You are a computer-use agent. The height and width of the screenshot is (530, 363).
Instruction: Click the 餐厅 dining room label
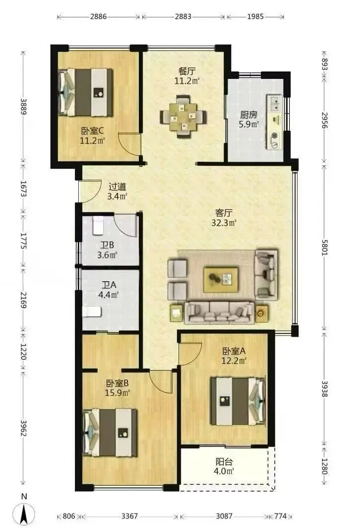point(187,71)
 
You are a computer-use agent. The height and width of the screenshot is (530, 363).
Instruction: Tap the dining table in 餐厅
point(183,117)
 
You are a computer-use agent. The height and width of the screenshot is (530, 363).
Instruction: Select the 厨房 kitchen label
point(249,115)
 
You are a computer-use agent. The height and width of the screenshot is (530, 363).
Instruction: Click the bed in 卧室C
point(85,92)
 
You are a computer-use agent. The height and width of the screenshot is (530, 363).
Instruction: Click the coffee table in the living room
point(221,279)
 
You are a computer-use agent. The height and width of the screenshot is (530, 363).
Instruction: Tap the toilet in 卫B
point(98,225)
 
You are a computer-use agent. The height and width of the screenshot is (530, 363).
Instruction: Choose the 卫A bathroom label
point(109,285)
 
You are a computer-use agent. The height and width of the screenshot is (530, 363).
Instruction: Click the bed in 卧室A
point(238,401)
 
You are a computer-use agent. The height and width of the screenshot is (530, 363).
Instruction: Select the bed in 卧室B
point(110,433)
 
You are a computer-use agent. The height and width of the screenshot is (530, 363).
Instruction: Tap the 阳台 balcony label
point(224,462)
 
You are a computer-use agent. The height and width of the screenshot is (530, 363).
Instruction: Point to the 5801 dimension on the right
point(324,248)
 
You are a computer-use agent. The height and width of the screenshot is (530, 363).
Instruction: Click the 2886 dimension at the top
point(98,16)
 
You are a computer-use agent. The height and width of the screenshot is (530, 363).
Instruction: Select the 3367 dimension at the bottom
point(129,516)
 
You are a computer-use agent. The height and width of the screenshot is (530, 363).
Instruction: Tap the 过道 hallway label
point(117,187)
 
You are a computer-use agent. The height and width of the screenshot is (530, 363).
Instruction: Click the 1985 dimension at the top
point(255,16)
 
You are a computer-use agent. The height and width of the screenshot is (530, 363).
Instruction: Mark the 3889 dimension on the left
point(23,107)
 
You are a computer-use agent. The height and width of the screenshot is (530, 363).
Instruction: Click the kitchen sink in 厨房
point(275,103)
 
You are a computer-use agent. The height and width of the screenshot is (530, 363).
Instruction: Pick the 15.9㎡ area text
point(118,393)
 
